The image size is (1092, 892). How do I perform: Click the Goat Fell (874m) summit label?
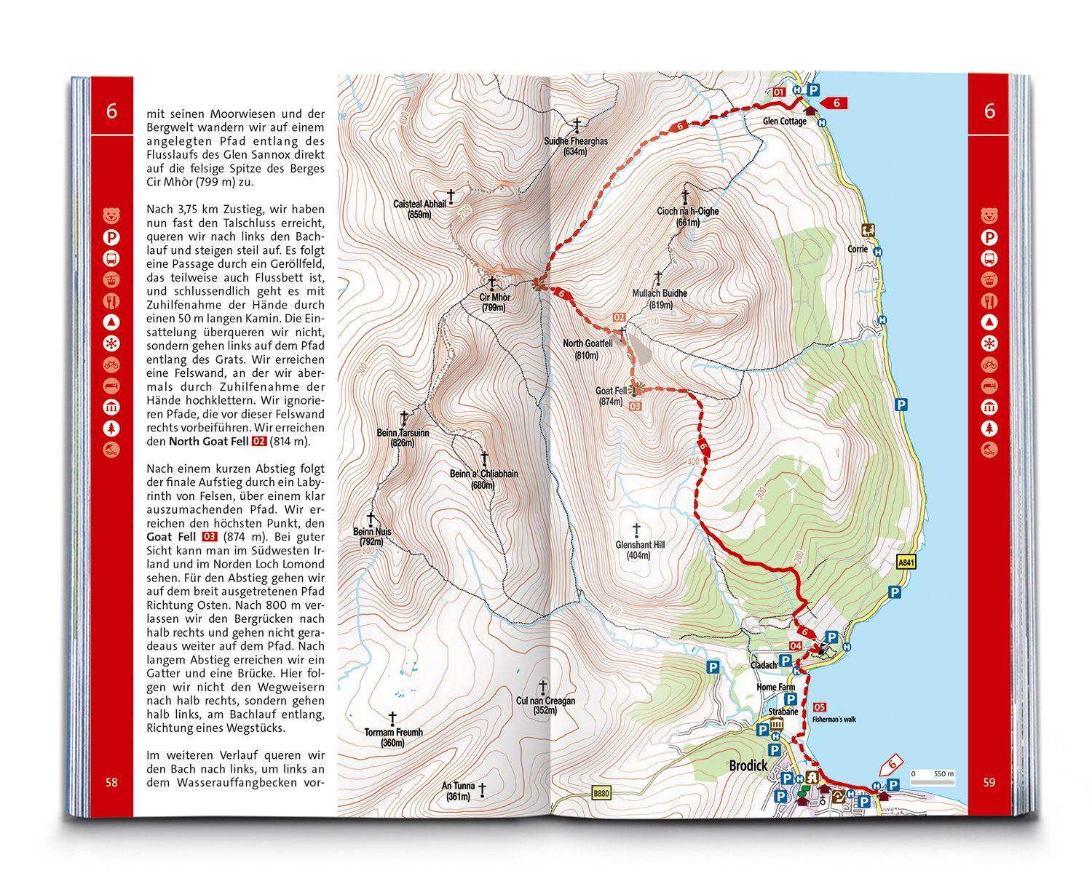[611, 396]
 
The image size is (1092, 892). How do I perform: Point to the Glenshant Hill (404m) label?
[640, 549]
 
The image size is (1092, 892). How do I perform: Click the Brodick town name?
[748, 766]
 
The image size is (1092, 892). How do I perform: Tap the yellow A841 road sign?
[904, 562]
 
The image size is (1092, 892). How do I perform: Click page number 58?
[111, 783]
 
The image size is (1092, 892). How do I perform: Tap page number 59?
[989, 783]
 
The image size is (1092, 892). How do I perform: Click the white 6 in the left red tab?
[111, 111]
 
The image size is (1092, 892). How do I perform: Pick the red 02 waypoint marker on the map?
[620, 317]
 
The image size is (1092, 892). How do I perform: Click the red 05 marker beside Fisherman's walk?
[820, 706]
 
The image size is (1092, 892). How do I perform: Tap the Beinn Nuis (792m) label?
[371, 536]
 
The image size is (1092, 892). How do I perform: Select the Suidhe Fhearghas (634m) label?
[575, 146]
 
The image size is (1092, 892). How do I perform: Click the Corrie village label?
[857, 248]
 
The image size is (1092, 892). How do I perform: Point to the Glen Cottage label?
[785, 122]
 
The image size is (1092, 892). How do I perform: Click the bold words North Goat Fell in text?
[208, 441]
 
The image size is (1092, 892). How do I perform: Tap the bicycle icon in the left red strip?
[111, 365]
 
